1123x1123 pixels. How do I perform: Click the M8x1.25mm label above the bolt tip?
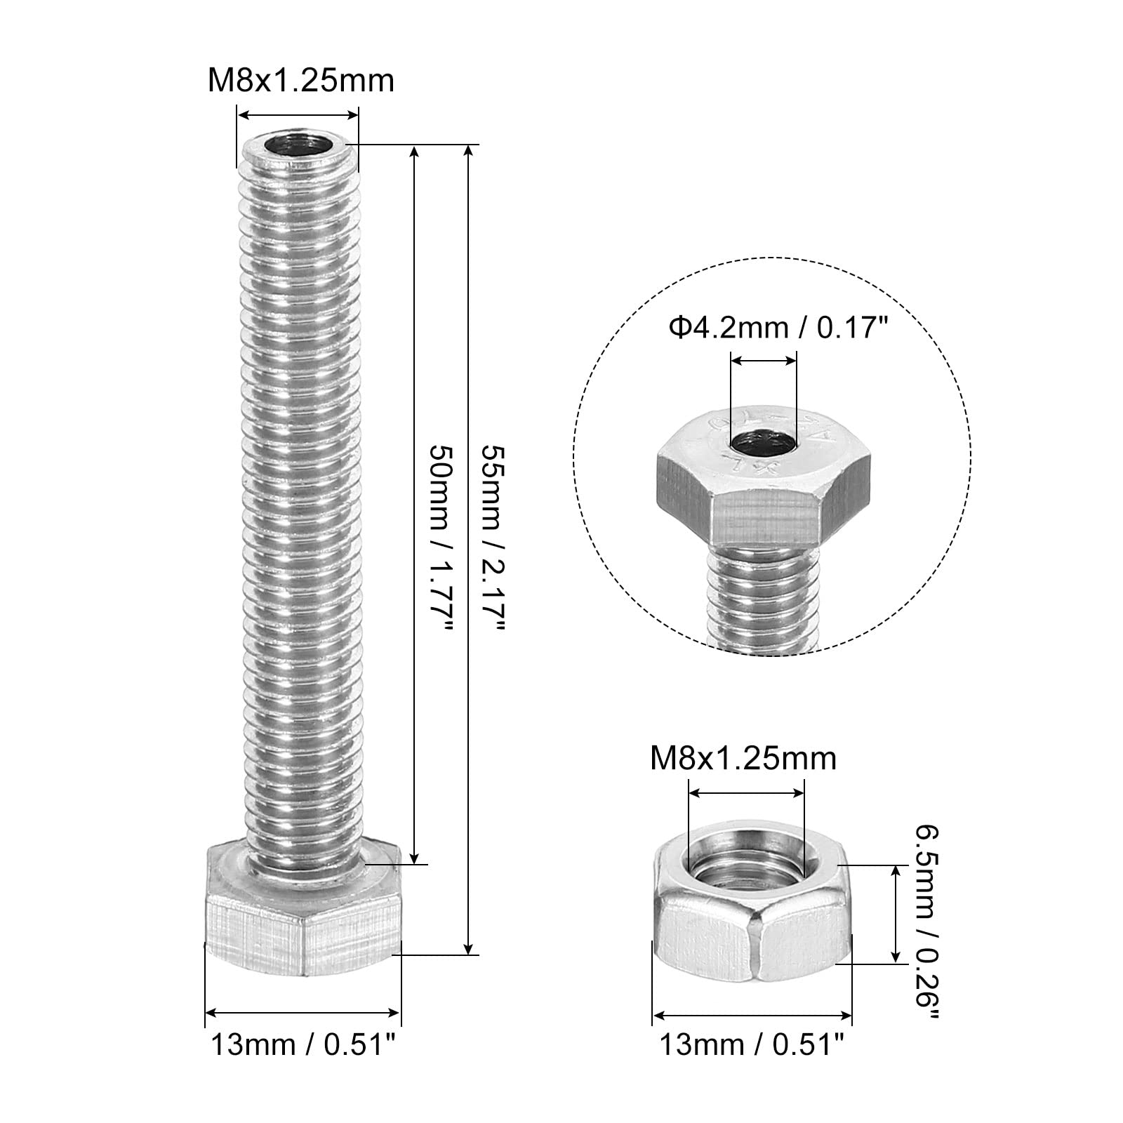[x=300, y=81]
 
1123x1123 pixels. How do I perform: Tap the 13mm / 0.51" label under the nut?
[x=751, y=1046]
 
